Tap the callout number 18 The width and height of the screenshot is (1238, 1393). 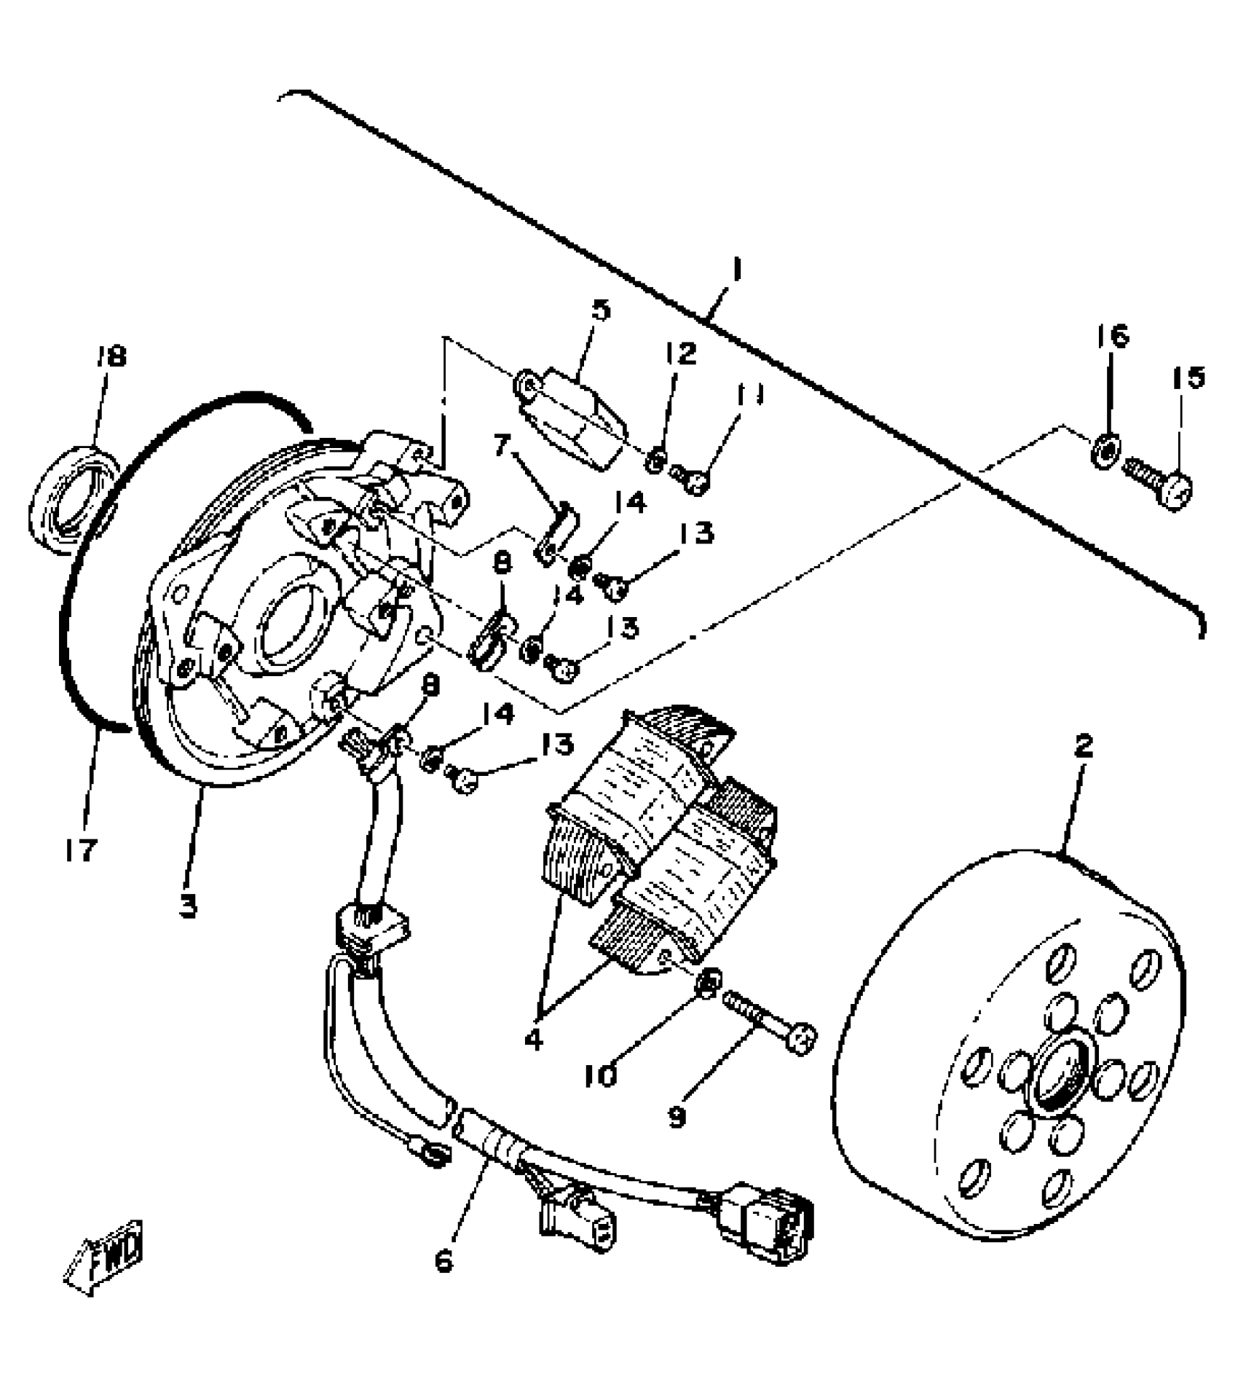(x=110, y=356)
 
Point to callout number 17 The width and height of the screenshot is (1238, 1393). (x=80, y=849)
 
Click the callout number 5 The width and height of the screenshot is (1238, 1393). (x=601, y=309)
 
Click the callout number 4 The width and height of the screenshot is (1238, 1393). (x=534, y=1039)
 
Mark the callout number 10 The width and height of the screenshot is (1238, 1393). (x=602, y=1075)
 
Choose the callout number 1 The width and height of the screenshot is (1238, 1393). (x=737, y=272)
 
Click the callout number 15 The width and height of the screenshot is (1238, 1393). (x=1188, y=377)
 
